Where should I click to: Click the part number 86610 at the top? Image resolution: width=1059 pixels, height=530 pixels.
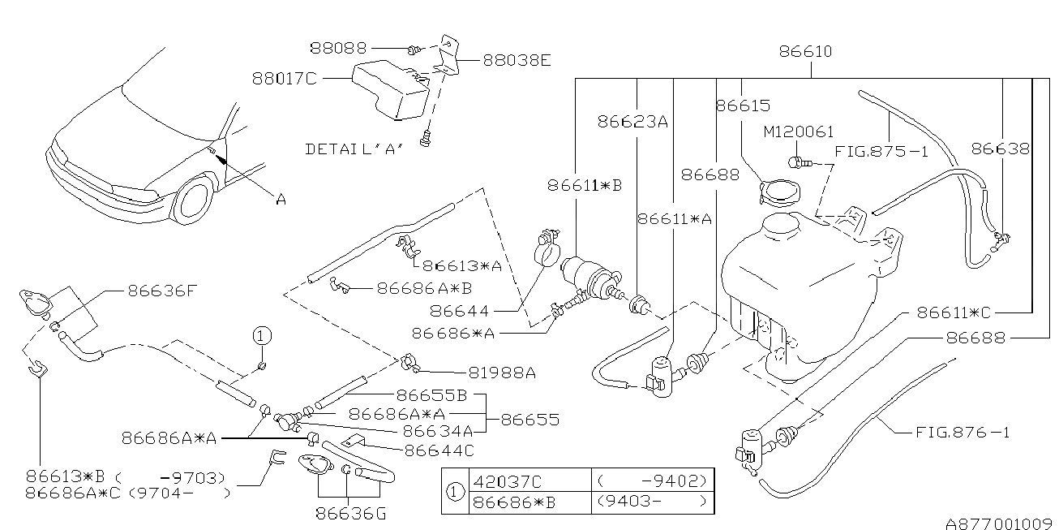point(805,52)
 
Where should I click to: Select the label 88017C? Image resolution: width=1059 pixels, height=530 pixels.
point(284,79)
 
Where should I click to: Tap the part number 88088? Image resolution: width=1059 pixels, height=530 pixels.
point(338,49)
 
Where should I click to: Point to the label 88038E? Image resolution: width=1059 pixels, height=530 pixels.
point(517,59)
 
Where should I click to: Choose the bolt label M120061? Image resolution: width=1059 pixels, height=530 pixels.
point(799,131)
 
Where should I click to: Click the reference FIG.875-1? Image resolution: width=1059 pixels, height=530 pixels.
point(881,152)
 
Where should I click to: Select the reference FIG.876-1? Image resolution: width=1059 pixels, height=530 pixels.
point(963,433)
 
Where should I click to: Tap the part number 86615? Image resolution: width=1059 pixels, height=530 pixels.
point(743,106)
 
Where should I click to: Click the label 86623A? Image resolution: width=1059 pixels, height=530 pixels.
point(632,123)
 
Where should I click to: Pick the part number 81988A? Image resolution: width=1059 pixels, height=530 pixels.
point(502,373)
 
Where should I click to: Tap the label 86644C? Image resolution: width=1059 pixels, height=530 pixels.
point(439,448)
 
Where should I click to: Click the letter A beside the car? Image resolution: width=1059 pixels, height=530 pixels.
point(281,198)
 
